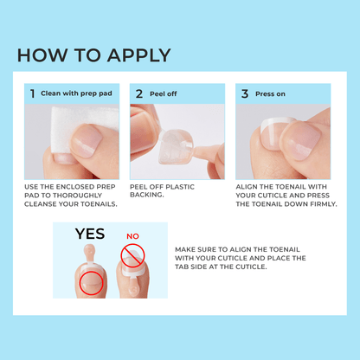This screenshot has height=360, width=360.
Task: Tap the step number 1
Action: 32,93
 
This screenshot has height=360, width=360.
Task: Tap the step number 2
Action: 138,93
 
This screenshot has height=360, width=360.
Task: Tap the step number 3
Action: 245,93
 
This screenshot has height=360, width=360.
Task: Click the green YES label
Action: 90,235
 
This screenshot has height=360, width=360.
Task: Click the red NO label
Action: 132,235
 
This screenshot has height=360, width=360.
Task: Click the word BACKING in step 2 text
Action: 151,195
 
